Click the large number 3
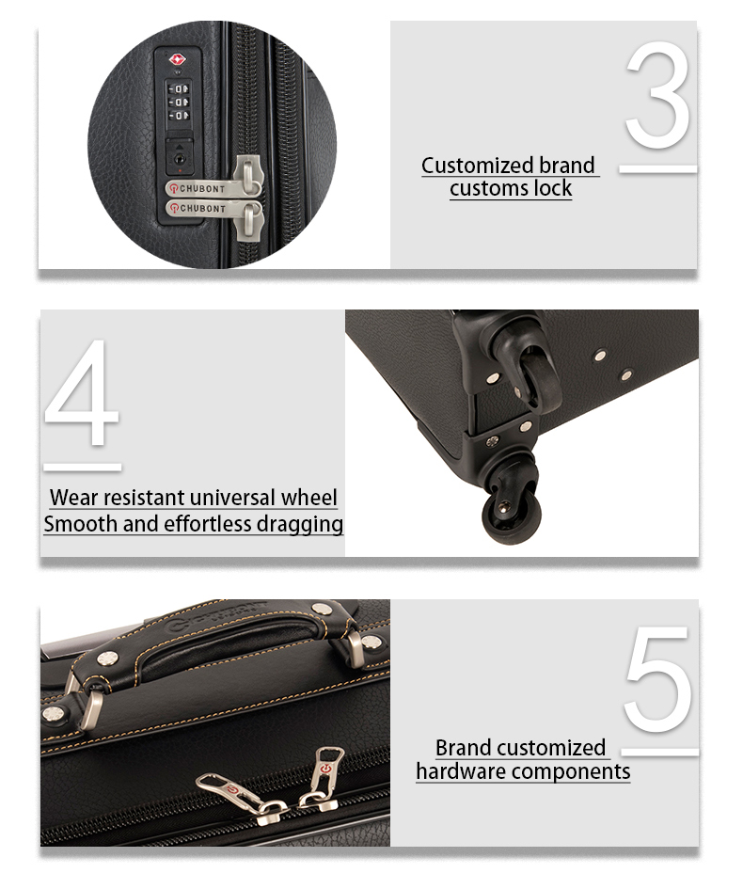(x=657, y=95)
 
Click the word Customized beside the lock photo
(x=470, y=166)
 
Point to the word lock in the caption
(x=553, y=188)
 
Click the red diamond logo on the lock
(x=178, y=59)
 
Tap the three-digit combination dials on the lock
(x=179, y=102)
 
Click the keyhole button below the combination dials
(x=179, y=157)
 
